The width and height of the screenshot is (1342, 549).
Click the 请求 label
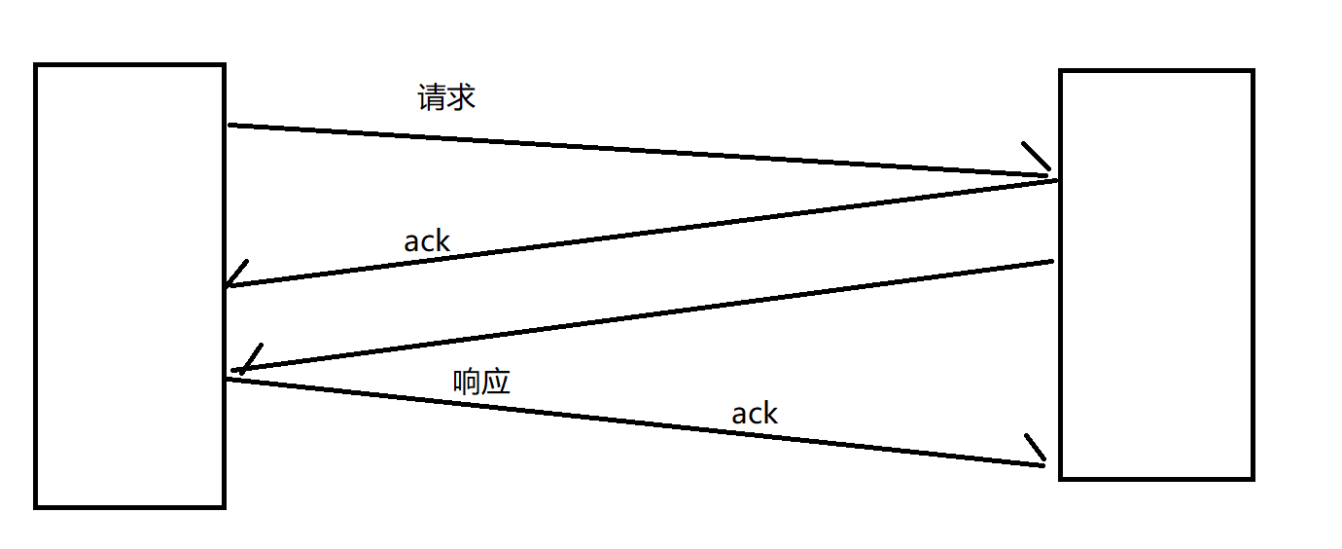446,97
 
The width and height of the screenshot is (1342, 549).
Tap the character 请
432,97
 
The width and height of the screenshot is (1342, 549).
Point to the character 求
461,97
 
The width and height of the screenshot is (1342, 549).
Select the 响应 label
481,382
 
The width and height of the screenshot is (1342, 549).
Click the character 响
467,382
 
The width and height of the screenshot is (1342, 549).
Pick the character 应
496,382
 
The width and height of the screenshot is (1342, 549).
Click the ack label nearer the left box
427,240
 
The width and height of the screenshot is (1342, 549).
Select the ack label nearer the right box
755,414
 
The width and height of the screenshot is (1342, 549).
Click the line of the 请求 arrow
632,150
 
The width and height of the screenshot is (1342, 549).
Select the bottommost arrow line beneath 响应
632,421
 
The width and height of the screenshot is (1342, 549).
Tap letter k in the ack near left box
442,240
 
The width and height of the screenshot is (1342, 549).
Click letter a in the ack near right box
739,416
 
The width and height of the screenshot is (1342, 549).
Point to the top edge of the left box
129,65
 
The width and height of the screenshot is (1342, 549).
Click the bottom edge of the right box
1155,478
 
